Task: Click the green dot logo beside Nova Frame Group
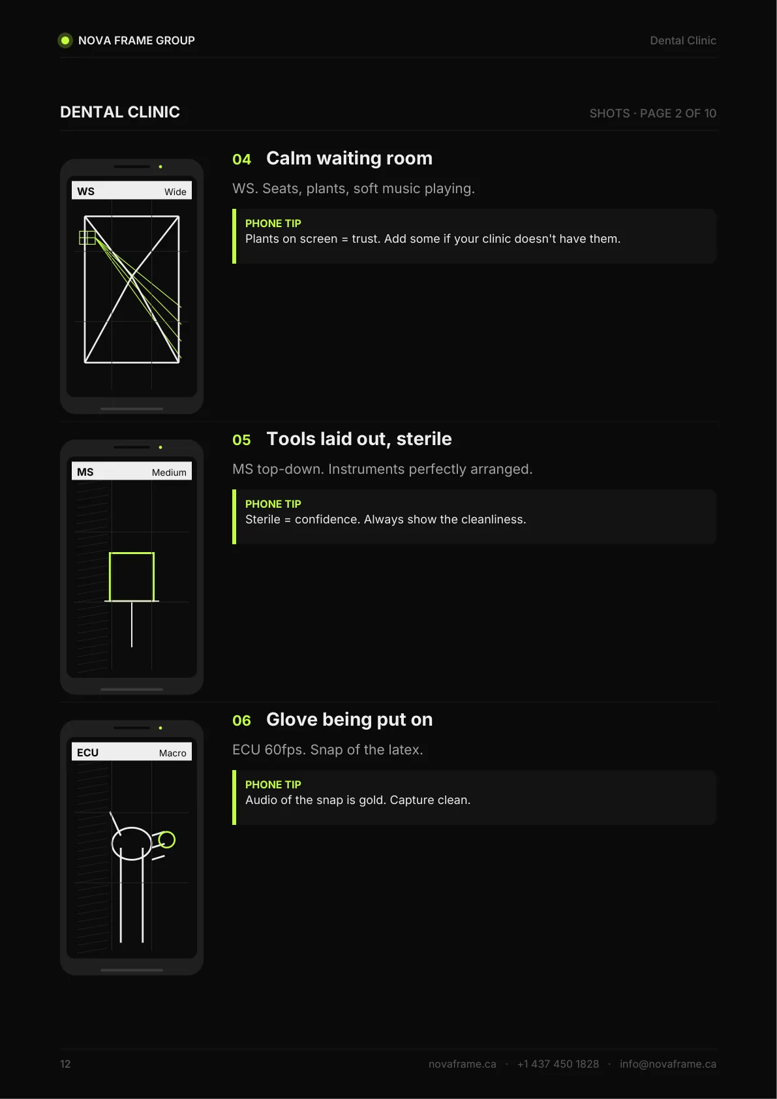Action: (x=65, y=40)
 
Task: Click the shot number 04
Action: (x=241, y=159)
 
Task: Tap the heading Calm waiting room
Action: (x=349, y=159)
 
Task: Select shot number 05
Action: (x=241, y=440)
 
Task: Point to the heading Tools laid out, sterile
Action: (x=359, y=439)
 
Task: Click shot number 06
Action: (x=241, y=720)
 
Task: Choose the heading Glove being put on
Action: (x=349, y=720)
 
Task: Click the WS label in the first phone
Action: (x=86, y=191)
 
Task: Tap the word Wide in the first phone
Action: (x=175, y=192)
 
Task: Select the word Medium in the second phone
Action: (x=169, y=472)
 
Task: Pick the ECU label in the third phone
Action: (x=88, y=752)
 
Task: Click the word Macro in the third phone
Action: (x=172, y=753)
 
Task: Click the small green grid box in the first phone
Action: (x=87, y=238)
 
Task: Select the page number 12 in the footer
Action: (x=65, y=1064)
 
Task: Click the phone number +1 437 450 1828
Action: (x=558, y=1064)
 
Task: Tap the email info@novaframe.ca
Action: (x=667, y=1064)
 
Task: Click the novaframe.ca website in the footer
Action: (x=462, y=1064)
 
